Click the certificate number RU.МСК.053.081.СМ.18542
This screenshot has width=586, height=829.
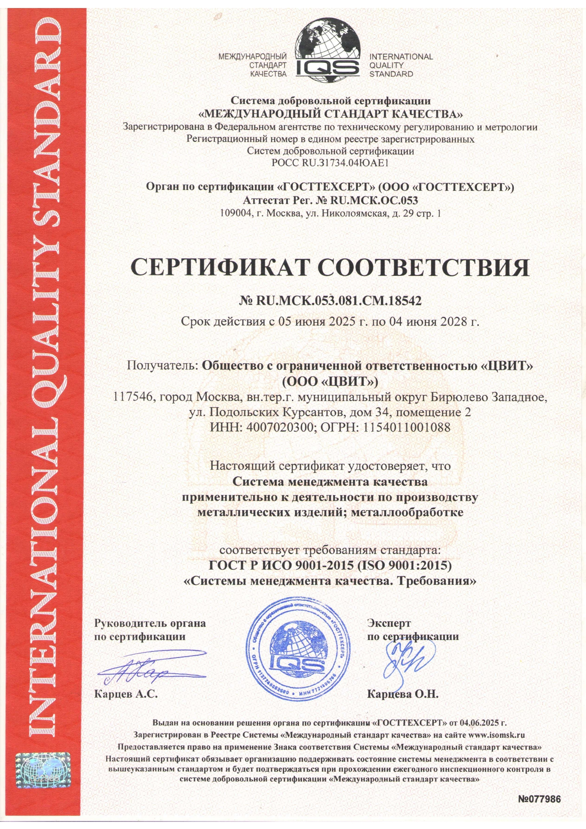click(x=338, y=300)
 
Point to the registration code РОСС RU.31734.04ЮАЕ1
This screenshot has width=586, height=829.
click(x=330, y=163)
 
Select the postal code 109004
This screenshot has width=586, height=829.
click(x=234, y=213)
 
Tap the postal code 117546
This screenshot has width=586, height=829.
click(x=135, y=397)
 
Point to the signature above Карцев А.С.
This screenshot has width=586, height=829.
click(x=137, y=671)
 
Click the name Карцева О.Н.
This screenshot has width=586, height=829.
click(x=403, y=694)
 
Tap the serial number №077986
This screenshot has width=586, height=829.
click(x=539, y=799)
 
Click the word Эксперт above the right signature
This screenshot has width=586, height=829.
click(x=389, y=623)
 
